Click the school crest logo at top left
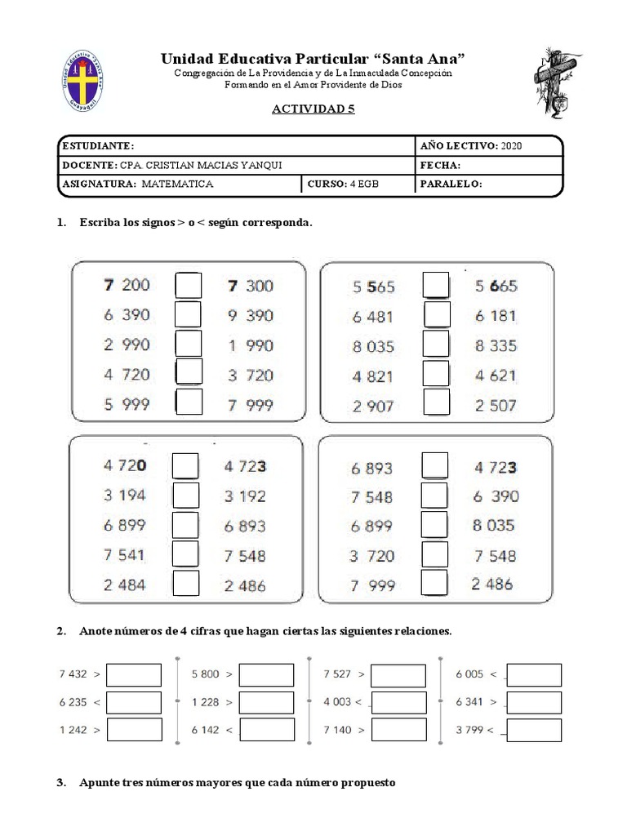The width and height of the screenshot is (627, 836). [88, 82]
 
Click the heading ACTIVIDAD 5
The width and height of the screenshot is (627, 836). [313, 109]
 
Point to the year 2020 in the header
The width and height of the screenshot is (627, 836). [512, 145]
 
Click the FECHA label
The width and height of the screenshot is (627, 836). [442, 165]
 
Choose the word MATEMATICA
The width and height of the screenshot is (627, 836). [177, 185]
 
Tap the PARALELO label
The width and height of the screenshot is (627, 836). [451, 185]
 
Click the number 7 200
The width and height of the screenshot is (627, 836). [127, 285]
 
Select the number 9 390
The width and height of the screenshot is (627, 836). [251, 315]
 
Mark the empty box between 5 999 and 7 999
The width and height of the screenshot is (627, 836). [189, 402]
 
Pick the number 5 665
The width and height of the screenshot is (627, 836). [496, 286]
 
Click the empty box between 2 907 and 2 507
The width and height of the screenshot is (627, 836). [436, 402]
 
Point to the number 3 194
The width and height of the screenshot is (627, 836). [126, 496]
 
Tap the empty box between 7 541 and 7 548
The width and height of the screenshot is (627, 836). [186, 554]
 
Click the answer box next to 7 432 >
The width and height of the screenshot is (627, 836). [134, 675]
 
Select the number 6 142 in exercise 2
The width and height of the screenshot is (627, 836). [205, 730]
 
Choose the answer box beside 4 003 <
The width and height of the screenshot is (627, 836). [398, 702]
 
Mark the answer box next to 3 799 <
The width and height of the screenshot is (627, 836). [533, 730]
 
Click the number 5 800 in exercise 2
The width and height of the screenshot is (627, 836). [205, 674]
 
